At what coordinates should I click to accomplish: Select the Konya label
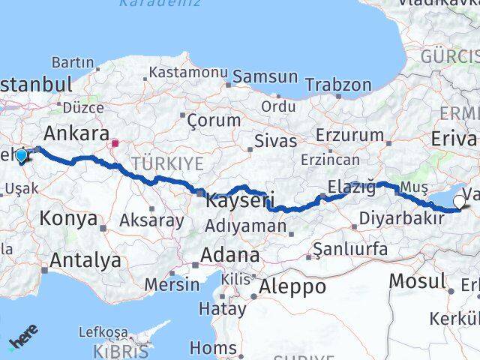tap(69, 219)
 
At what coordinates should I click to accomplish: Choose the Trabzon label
tap(338, 84)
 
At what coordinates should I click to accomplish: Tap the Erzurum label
tap(349, 135)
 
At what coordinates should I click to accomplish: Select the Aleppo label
tap(292, 286)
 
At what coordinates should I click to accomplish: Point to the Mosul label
tap(418, 282)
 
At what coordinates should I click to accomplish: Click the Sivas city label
tap(271, 139)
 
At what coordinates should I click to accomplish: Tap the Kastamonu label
tap(188, 72)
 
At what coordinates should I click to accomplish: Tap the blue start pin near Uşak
tap(22, 156)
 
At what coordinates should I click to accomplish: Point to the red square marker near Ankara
tap(115, 142)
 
